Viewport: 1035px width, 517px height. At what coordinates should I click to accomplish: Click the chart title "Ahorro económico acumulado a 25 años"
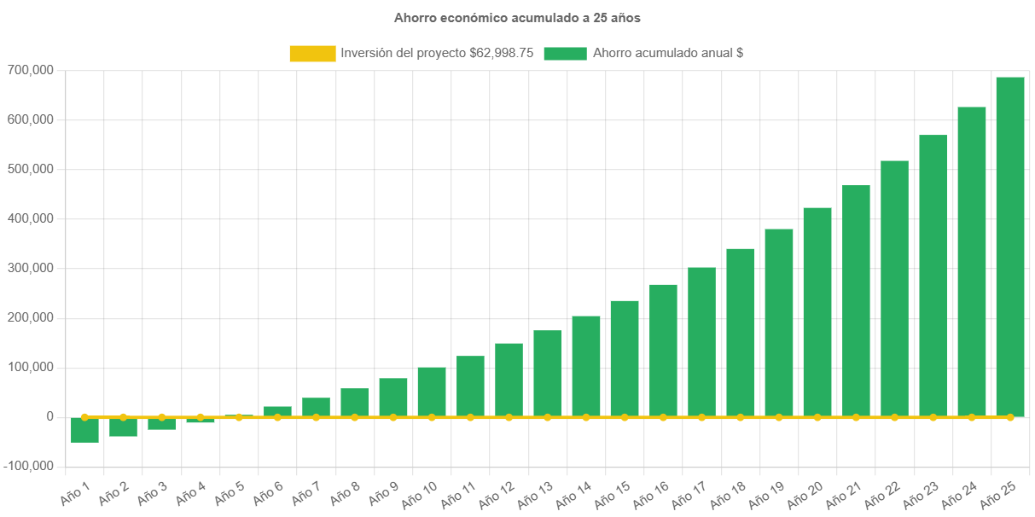point(517,17)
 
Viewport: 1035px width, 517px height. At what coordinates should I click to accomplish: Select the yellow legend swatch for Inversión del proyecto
point(312,53)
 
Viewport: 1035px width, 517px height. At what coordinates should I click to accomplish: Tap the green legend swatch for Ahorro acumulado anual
point(565,53)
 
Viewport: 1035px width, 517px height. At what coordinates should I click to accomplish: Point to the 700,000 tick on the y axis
point(30,70)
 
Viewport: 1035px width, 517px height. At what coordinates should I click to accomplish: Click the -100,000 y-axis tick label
point(28,466)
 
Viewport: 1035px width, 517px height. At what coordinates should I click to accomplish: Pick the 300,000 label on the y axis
point(30,268)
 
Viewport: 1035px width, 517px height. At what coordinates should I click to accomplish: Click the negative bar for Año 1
point(84,431)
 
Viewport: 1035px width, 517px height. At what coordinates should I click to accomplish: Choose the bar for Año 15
point(625,358)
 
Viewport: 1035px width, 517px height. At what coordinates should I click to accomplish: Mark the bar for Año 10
point(432,392)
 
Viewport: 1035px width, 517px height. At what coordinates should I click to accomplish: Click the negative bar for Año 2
point(123,427)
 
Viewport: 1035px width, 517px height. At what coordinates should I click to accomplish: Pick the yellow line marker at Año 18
point(740,417)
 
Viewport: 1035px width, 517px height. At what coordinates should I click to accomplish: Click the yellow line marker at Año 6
point(277,417)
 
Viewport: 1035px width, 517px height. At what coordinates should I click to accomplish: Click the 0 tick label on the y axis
point(51,416)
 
